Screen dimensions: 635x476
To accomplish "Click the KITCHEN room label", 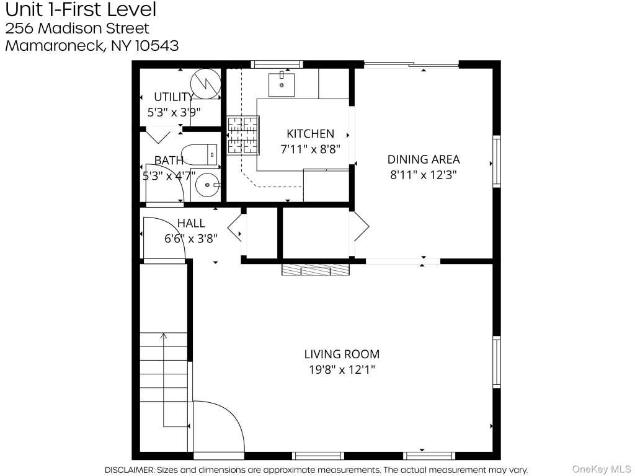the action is [310, 134].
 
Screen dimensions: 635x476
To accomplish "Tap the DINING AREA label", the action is [424, 159].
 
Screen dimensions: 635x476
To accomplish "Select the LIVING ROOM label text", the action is [342, 354].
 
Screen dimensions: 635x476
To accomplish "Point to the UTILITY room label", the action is [174, 97].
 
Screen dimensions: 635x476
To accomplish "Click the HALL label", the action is [191, 223].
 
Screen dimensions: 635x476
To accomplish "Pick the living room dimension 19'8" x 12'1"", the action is [342, 369].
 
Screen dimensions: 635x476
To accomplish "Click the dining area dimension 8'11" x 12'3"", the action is [423, 175].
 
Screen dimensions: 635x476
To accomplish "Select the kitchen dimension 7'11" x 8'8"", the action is [310, 149].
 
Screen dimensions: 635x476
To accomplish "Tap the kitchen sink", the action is [282, 84].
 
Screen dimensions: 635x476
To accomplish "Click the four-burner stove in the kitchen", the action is [242, 135].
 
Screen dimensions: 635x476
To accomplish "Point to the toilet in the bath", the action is [199, 154].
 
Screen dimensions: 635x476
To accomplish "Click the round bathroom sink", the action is [207, 185].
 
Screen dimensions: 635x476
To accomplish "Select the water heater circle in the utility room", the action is [206, 84].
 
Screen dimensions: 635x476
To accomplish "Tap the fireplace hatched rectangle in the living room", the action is [316, 270].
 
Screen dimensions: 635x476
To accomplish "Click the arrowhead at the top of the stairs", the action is [164, 335].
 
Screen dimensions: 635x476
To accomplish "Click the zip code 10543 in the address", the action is [157, 45].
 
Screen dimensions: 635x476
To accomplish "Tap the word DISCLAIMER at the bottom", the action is [129, 470].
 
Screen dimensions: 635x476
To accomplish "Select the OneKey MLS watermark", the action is [602, 469].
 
